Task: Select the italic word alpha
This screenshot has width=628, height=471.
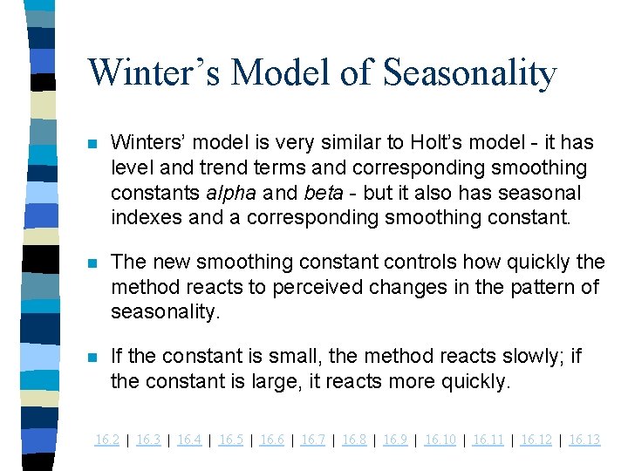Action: pyautogui.click(x=229, y=191)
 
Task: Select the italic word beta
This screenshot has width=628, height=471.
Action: pyautogui.click(x=321, y=191)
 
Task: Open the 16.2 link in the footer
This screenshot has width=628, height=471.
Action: pyautogui.click(x=107, y=440)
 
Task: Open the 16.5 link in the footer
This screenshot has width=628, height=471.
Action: pyautogui.click(x=231, y=440)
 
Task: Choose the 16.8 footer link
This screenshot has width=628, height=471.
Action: pyautogui.click(x=354, y=440)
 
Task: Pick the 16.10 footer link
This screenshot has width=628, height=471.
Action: pyautogui.click(x=440, y=440)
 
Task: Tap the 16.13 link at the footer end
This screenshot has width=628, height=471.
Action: pyautogui.click(x=584, y=440)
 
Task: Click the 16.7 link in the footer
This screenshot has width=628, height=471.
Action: pyautogui.click(x=313, y=440)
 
